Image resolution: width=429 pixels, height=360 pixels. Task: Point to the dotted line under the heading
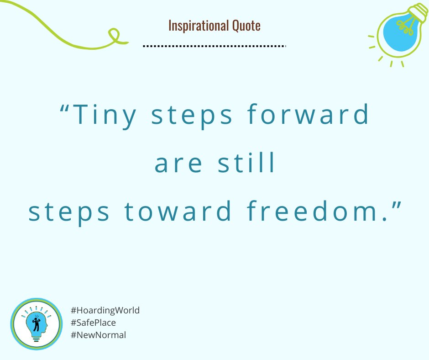tap(214, 46)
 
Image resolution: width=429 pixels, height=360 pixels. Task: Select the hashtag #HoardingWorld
tap(105, 310)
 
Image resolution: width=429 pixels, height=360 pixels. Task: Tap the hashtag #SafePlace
tap(94, 323)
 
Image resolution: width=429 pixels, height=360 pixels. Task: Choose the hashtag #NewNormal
tap(98, 335)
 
